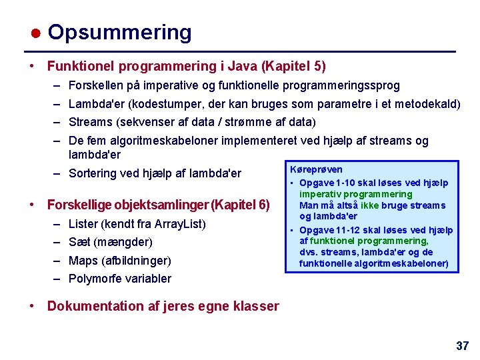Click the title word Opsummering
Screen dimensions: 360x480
pos(119,32)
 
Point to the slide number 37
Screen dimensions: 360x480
pos(462,345)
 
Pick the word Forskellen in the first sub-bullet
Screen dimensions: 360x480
pos(94,86)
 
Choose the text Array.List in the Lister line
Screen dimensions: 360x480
pos(179,223)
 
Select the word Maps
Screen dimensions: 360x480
pos(83,260)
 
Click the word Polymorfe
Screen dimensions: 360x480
pos(95,279)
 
